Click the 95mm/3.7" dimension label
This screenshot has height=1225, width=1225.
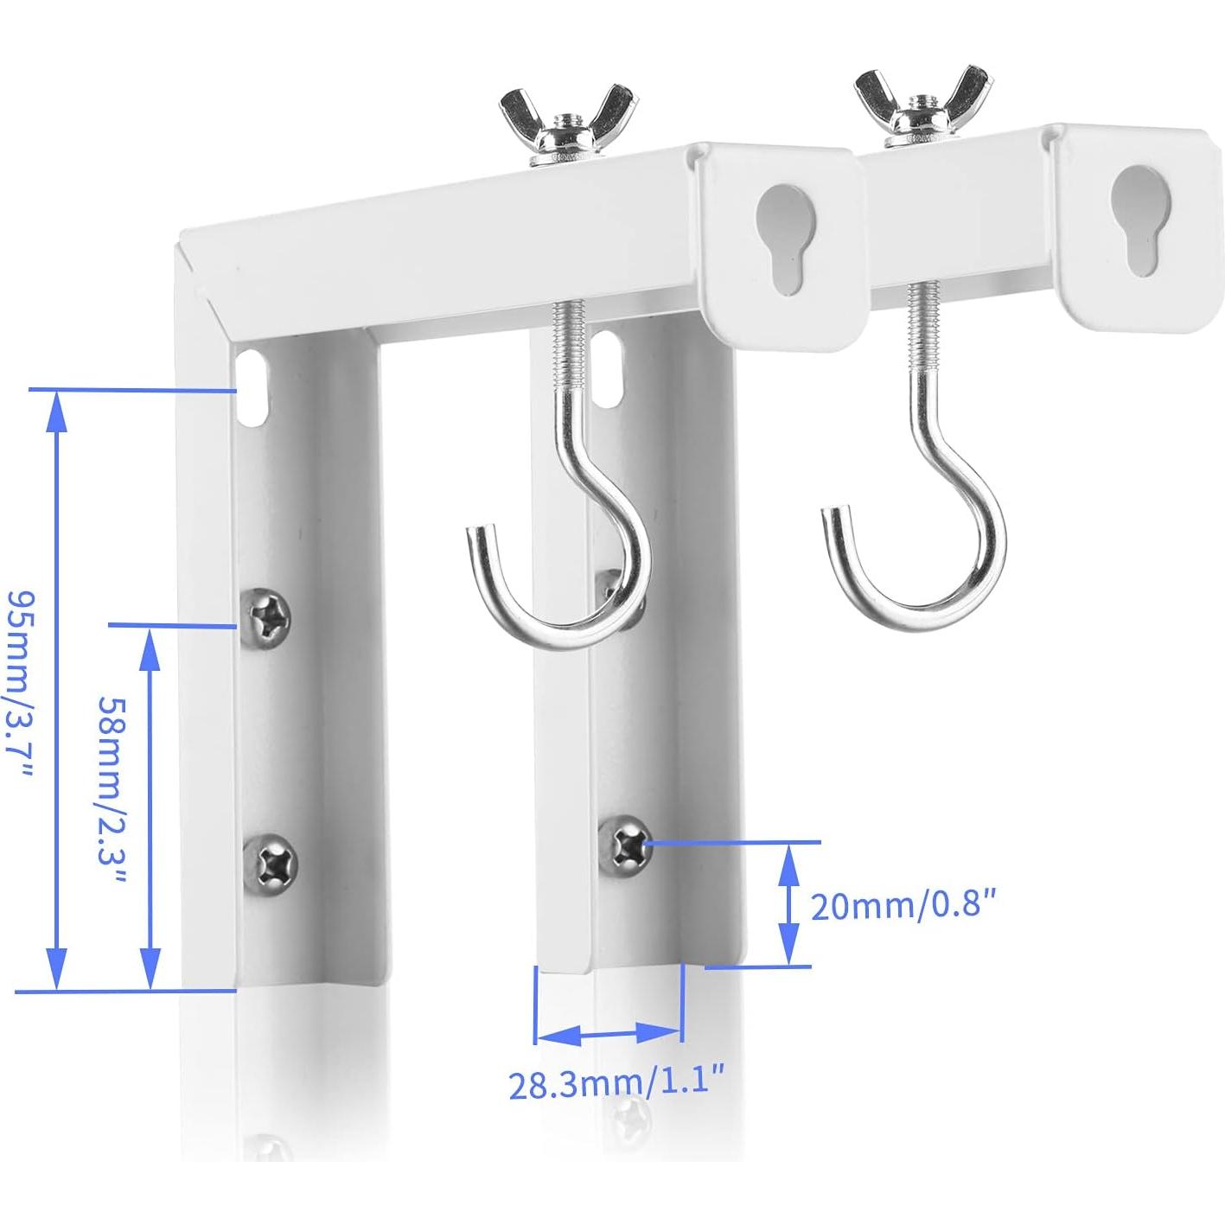tap(19, 686)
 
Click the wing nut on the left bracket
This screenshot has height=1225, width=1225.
tap(568, 120)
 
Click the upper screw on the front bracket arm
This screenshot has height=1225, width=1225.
tap(267, 615)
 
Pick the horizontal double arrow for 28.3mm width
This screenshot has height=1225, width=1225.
tap(609, 1032)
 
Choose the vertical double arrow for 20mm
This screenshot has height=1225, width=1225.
tap(788, 904)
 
